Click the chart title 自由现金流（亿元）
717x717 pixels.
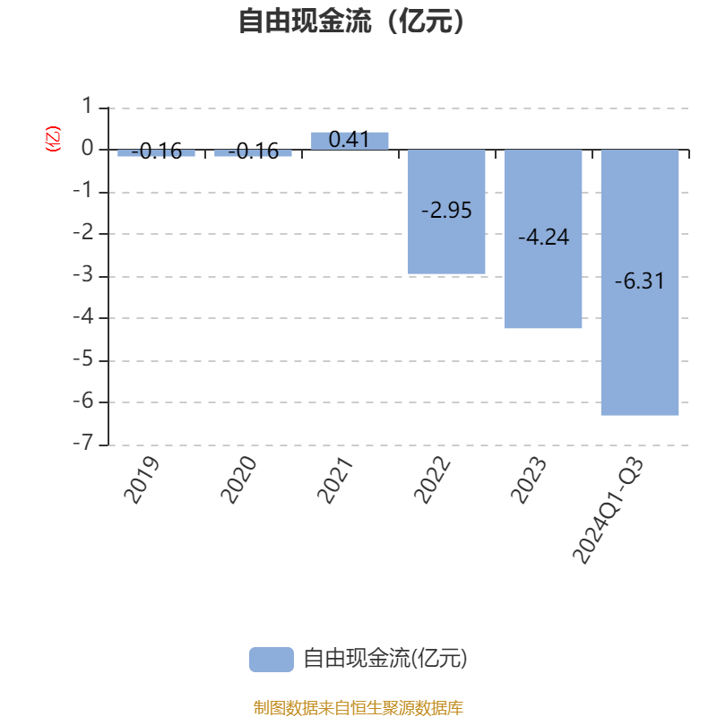351,21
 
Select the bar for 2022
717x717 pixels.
446,212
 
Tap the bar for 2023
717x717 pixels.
543,238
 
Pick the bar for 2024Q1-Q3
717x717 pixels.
640,282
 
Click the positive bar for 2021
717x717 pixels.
350,141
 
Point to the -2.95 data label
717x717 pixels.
446,211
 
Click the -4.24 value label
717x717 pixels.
543,238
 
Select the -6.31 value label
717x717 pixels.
640,281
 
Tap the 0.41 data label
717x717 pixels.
349,140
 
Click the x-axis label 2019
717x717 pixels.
142,479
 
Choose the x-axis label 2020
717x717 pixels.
238,479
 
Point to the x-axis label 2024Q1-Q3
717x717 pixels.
608,510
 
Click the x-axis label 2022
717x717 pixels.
431,479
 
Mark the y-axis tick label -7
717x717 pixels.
83,443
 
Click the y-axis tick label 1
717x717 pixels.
87,106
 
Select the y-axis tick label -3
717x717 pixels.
83,275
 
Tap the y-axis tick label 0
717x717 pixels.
87,148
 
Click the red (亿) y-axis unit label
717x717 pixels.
53,139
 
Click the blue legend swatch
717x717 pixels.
272,660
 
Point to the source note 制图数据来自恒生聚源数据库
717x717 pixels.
358,707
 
